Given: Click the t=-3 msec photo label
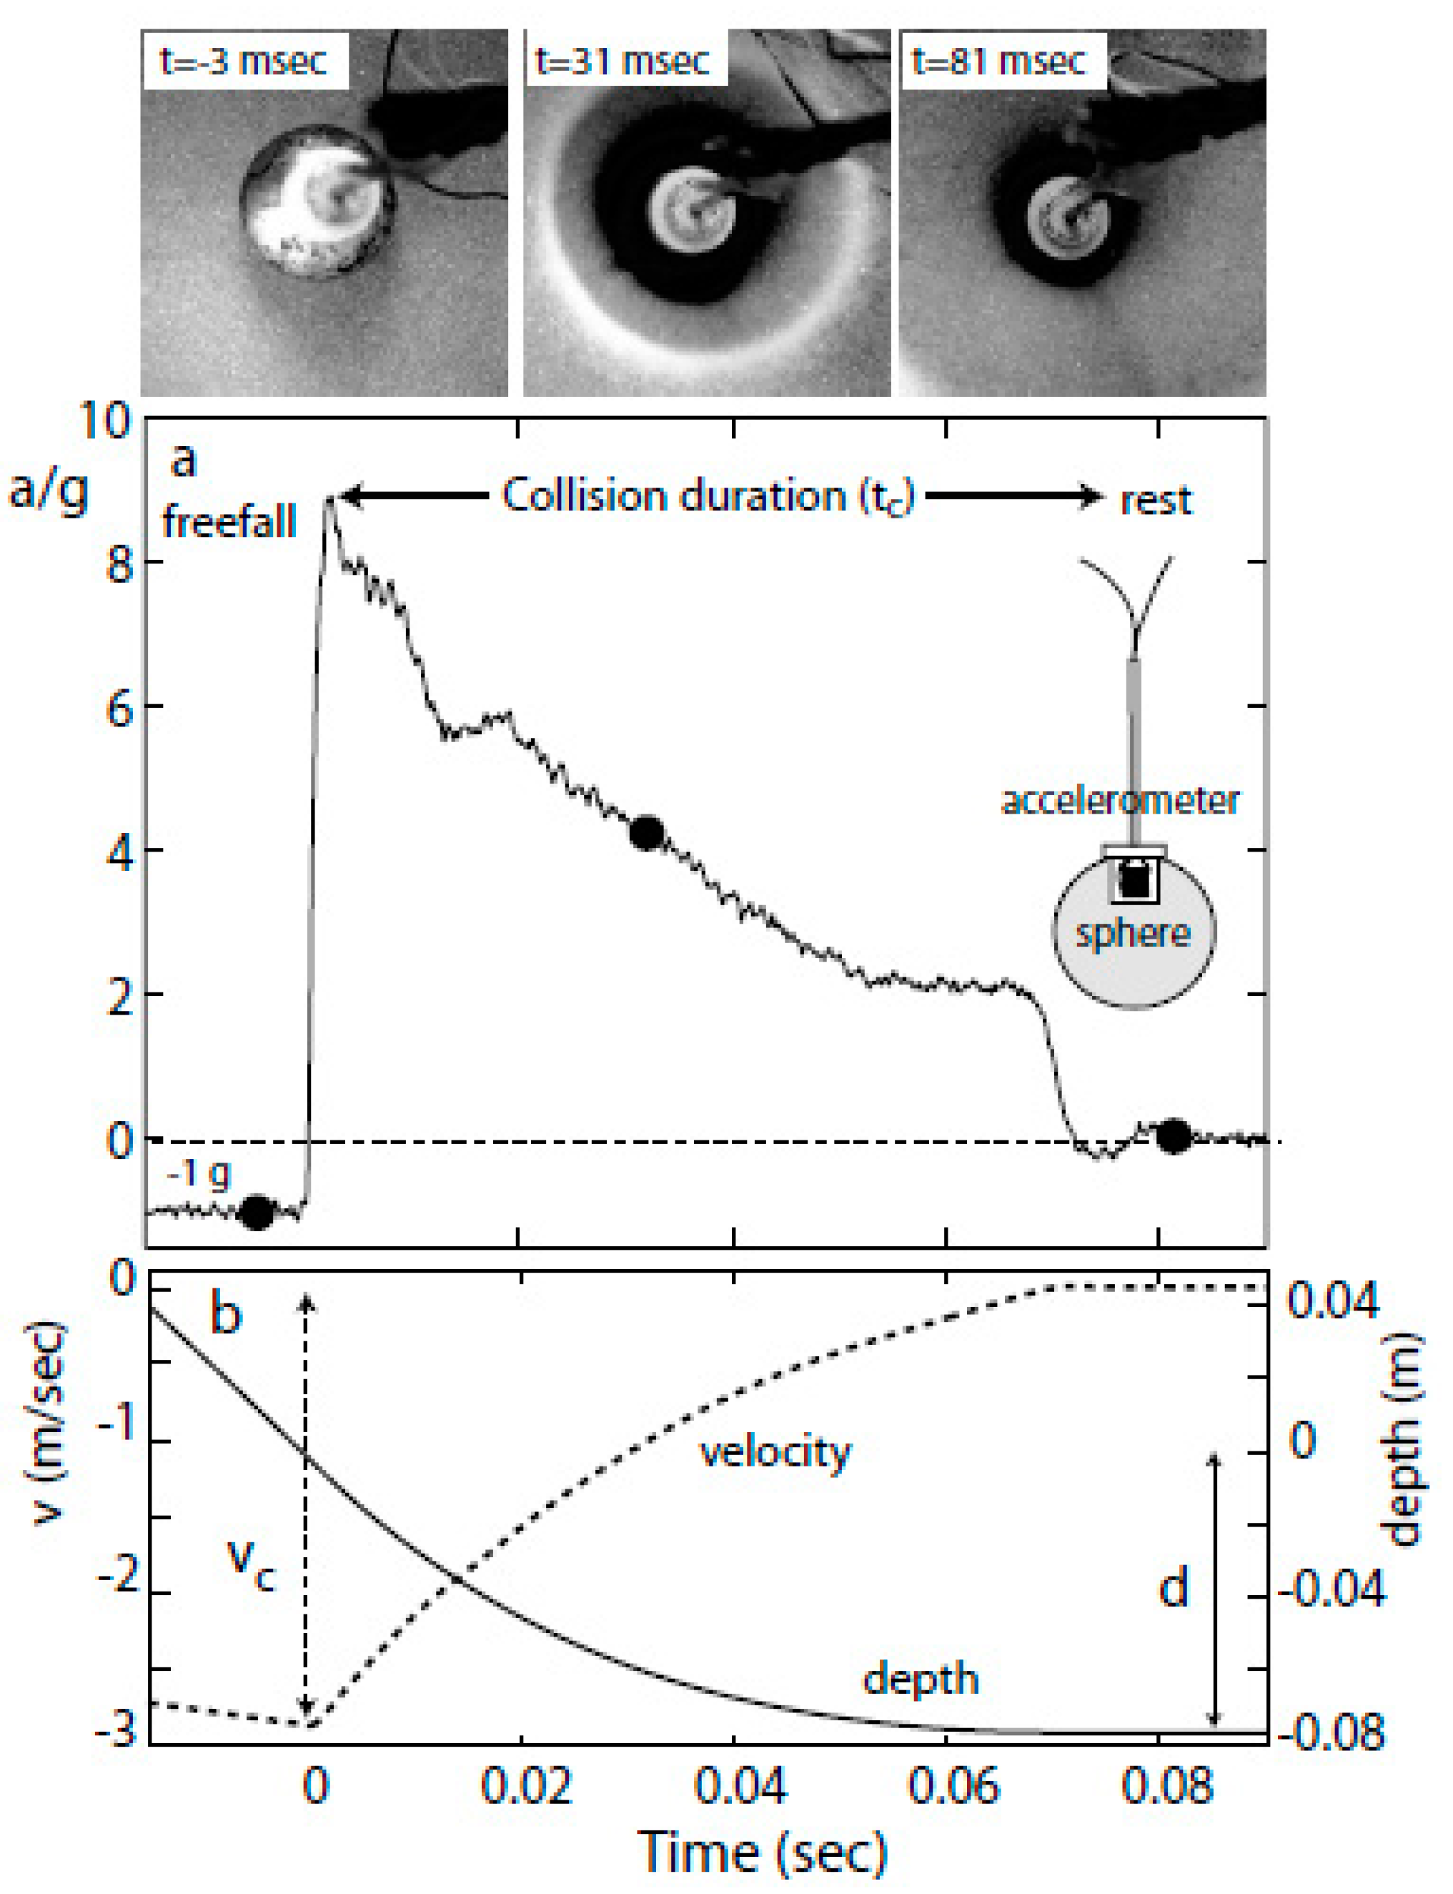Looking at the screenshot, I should pyautogui.click(x=244, y=61).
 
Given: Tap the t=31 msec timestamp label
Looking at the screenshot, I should pyautogui.click(x=623, y=61).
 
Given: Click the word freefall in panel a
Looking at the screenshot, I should pyautogui.click(x=229, y=523).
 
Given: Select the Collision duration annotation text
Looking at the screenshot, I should pyautogui.click(x=708, y=497).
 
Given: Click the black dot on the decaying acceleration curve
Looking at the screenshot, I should pyautogui.click(x=647, y=832).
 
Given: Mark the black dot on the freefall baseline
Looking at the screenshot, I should pyautogui.click(x=257, y=1212).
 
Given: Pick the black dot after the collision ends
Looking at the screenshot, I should pyautogui.click(x=1174, y=1136).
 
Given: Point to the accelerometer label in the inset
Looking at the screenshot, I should pyautogui.click(x=1120, y=800).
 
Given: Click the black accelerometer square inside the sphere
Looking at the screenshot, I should pyautogui.click(x=1134, y=881).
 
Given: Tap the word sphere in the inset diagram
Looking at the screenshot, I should pyautogui.click(x=1132, y=934).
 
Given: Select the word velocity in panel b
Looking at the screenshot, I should pyautogui.click(x=775, y=1452).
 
